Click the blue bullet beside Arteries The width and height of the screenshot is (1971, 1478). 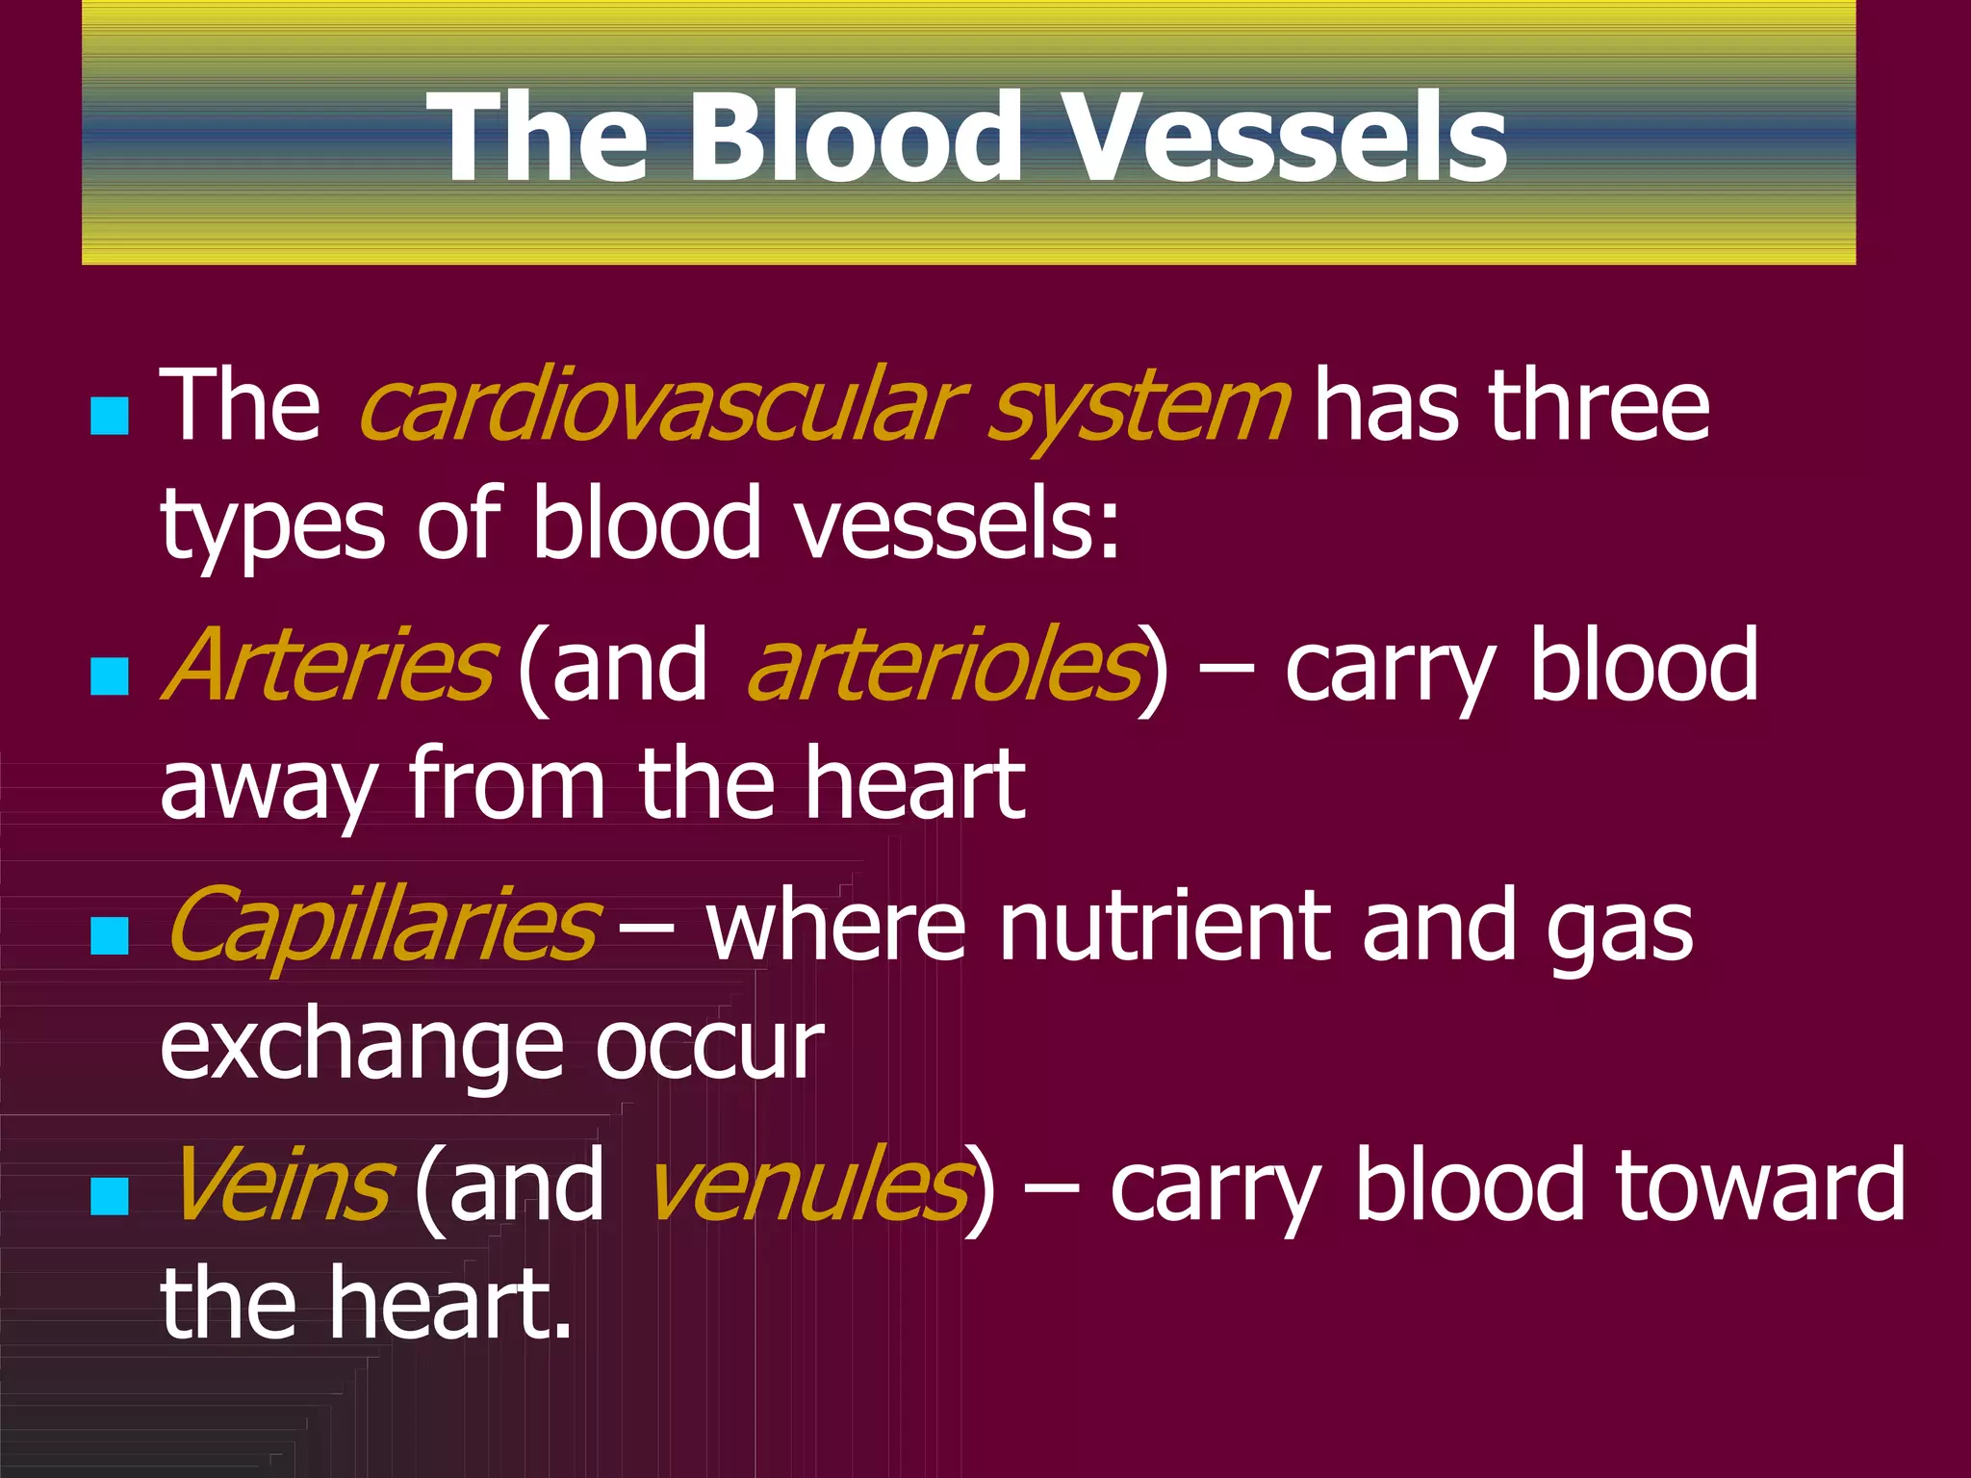click(x=110, y=676)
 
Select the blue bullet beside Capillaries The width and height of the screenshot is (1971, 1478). click(x=110, y=935)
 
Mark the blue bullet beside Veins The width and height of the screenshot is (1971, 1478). click(x=110, y=1196)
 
